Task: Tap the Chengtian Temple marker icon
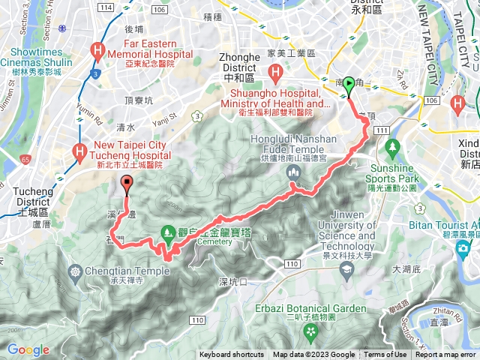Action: click(75, 271)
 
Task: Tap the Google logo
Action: click(28, 349)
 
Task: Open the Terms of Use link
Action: click(385, 355)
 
